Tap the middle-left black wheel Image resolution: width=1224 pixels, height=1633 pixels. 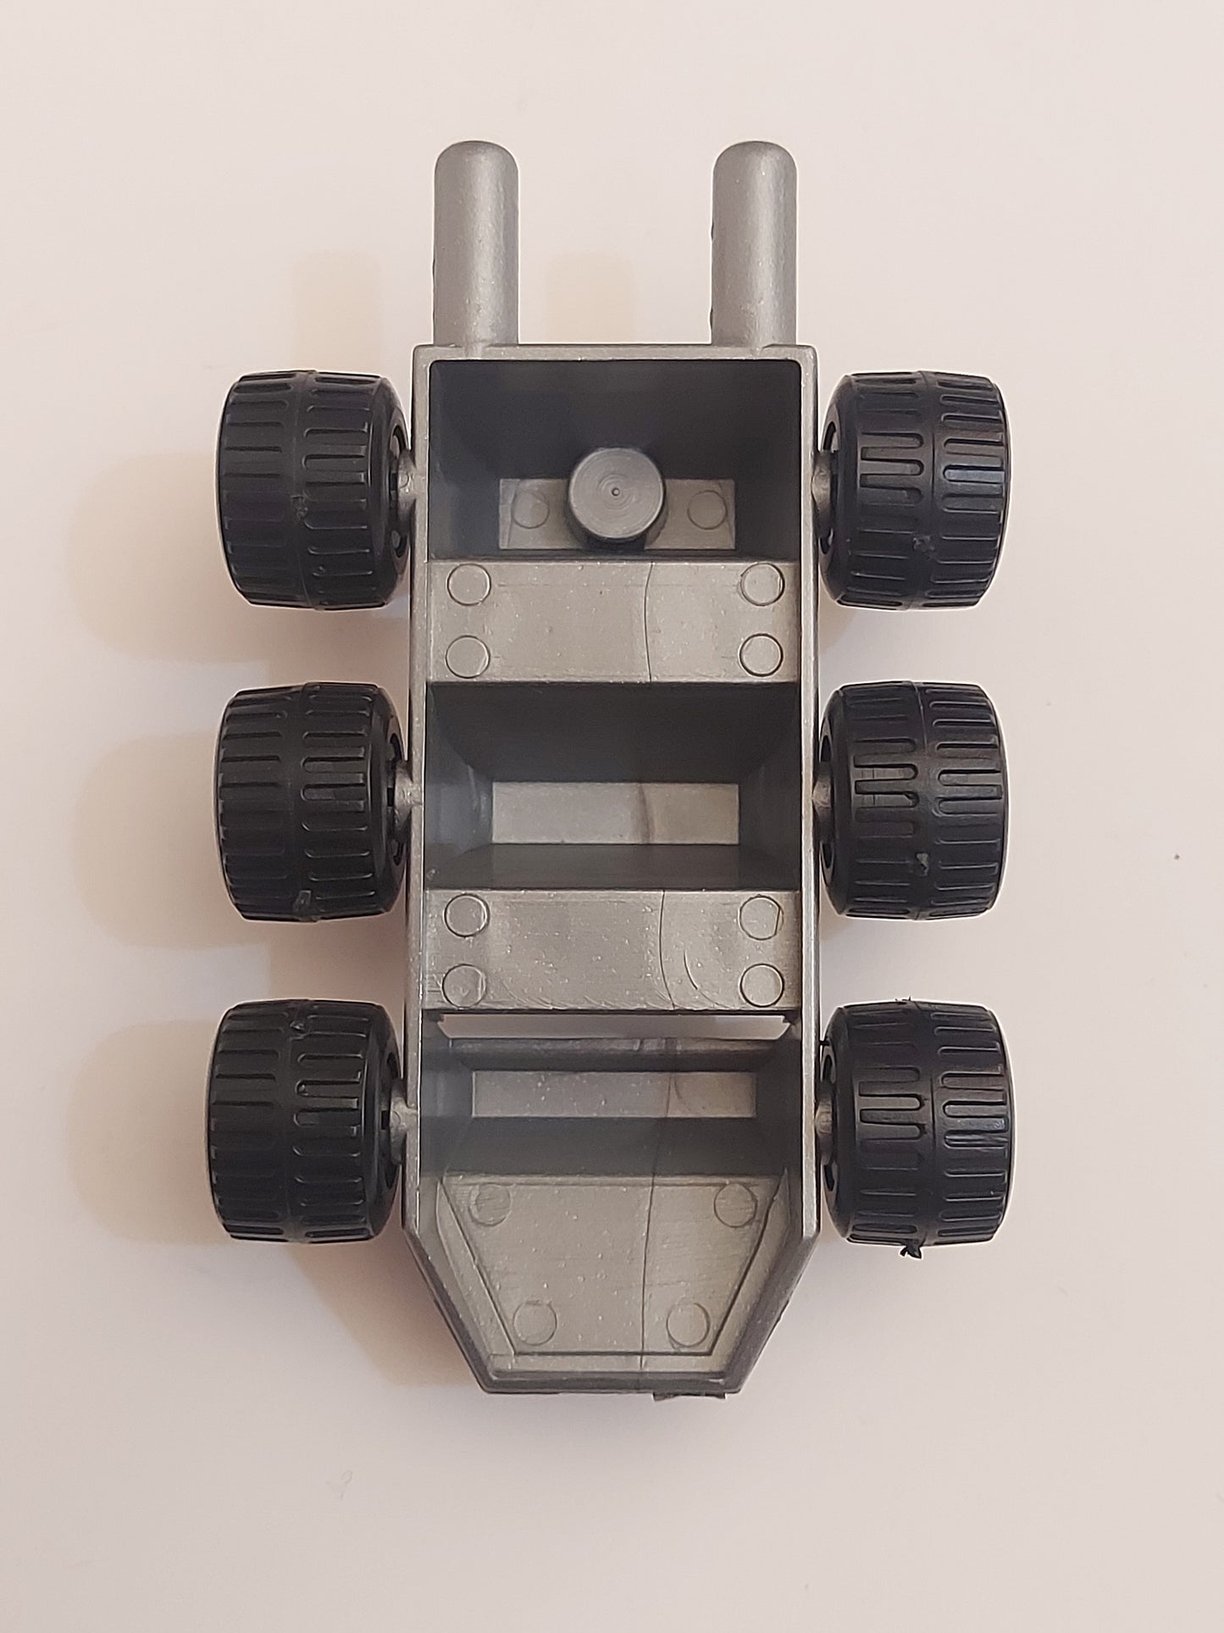point(309,802)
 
